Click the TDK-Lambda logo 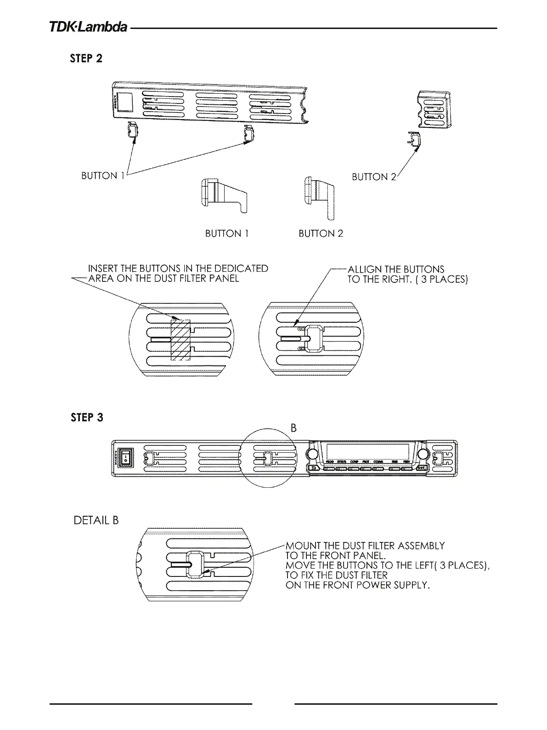click(x=89, y=27)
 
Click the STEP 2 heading click(x=86, y=58)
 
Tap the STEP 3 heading click(x=86, y=417)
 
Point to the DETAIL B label click(x=96, y=520)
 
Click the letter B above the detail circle click(x=293, y=428)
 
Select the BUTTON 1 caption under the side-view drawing click(x=226, y=234)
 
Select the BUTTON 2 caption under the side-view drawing click(x=321, y=234)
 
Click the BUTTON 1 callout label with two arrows click(x=102, y=176)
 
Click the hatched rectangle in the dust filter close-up click(x=180, y=339)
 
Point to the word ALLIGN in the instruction click(x=363, y=269)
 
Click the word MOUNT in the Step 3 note click(x=301, y=546)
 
